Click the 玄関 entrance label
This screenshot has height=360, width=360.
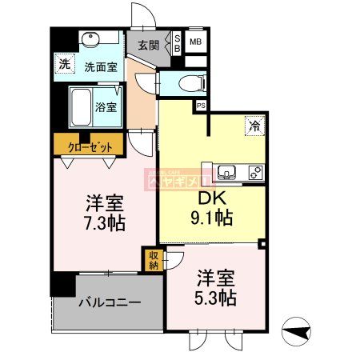pyautogui.click(x=148, y=45)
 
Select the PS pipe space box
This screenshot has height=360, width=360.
pyautogui.click(x=200, y=105)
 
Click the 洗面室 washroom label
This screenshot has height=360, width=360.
pyautogui.click(x=101, y=67)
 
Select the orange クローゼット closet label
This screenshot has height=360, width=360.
pyautogui.click(x=89, y=145)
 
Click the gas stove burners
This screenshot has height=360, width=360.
pyautogui.click(x=255, y=171)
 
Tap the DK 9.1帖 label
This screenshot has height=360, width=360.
pyautogui.click(x=210, y=206)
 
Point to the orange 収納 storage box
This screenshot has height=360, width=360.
pyautogui.click(x=152, y=259)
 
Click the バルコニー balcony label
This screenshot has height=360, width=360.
pyautogui.click(x=109, y=303)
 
